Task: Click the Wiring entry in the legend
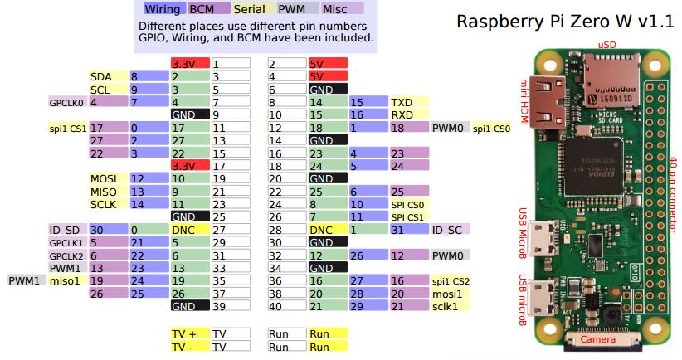pyautogui.click(x=163, y=9)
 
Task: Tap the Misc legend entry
pyautogui.click(x=335, y=9)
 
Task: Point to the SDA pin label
pyautogui.click(x=100, y=76)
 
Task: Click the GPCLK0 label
pyautogui.click(x=66, y=102)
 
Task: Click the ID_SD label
pyautogui.click(x=65, y=229)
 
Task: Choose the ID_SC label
pyautogui.click(x=446, y=229)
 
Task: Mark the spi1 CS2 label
pyautogui.click(x=451, y=280)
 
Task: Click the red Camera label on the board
pyautogui.click(x=597, y=340)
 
